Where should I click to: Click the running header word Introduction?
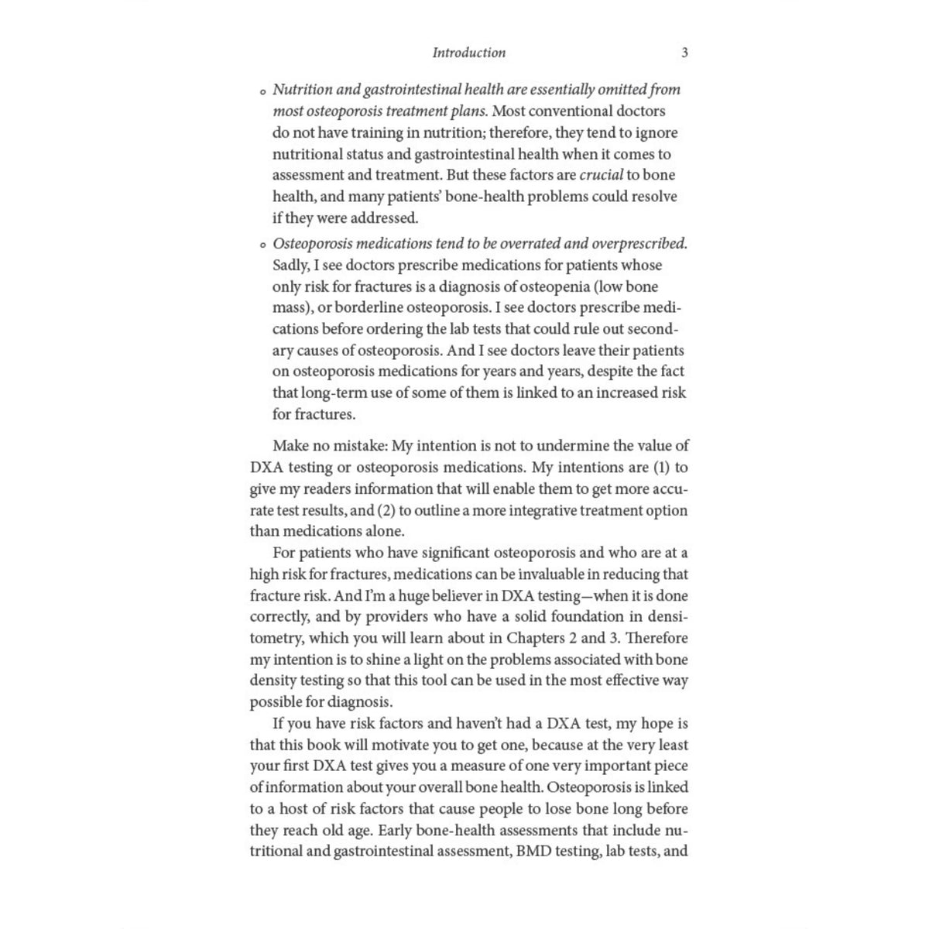click(x=468, y=53)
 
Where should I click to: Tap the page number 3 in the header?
click(x=684, y=53)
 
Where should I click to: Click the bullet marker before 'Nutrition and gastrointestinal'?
click(x=263, y=92)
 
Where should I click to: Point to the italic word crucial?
click(x=602, y=175)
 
